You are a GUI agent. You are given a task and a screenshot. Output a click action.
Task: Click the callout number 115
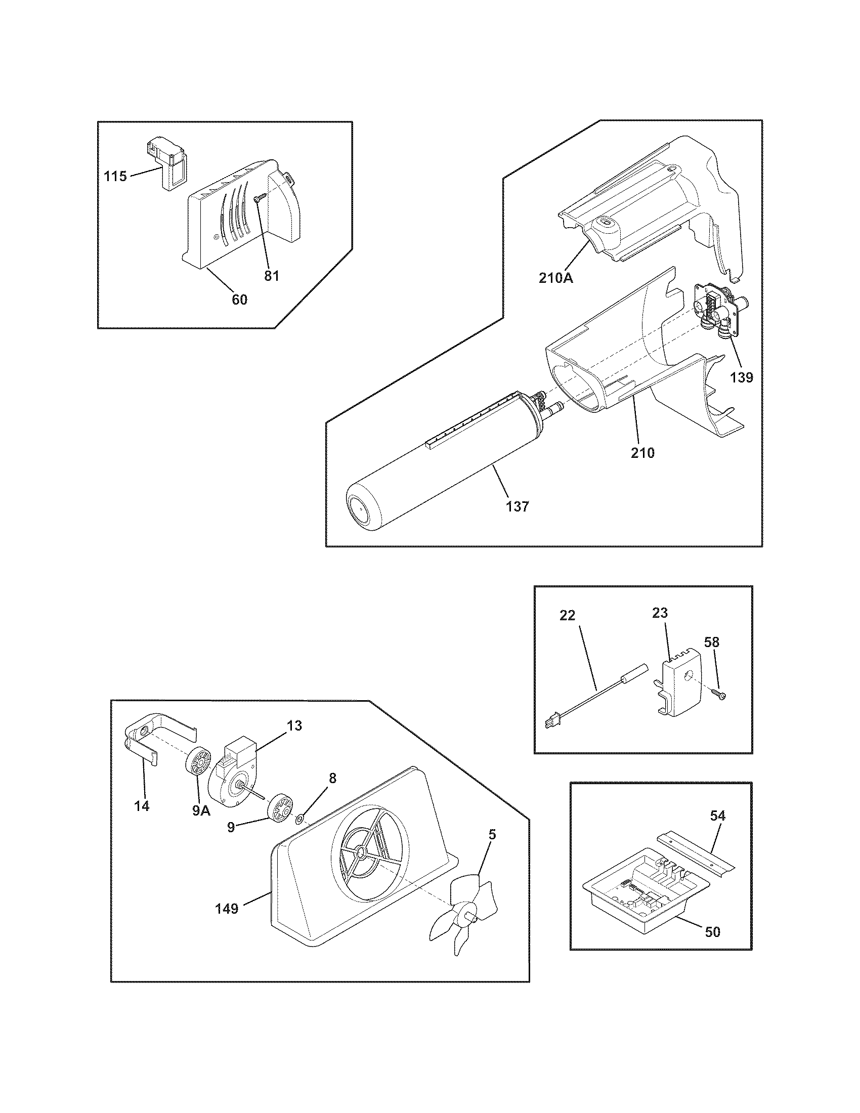pyautogui.click(x=115, y=177)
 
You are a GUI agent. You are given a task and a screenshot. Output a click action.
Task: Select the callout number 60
pyautogui.click(x=239, y=299)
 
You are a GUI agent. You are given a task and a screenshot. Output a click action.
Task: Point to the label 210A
pyautogui.click(x=556, y=278)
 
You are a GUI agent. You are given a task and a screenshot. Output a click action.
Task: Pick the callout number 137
pyautogui.click(x=518, y=506)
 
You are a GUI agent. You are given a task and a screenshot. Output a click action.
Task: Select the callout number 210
pyautogui.click(x=642, y=452)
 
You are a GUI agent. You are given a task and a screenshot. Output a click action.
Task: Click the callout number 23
pyautogui.click(x=660, y=613)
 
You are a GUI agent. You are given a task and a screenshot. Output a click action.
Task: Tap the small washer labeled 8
pyautogui.click(x=300, y=819)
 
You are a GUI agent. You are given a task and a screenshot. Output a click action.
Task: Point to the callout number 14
pyautogui.click(x=142, y=806)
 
